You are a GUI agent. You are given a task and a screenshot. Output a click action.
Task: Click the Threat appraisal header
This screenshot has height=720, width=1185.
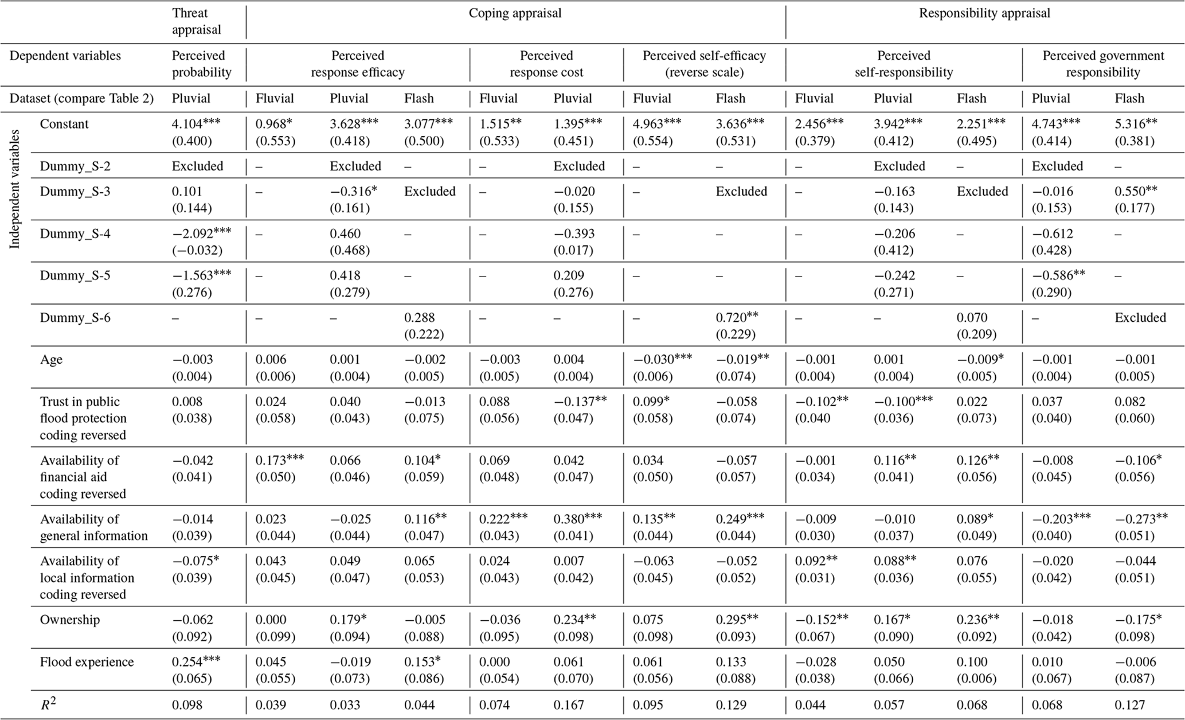tap(197, 21)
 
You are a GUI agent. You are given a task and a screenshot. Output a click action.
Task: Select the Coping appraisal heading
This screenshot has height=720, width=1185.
tap(515, 13)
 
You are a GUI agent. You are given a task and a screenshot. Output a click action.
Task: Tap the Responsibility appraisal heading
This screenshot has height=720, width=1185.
tap(984, 13)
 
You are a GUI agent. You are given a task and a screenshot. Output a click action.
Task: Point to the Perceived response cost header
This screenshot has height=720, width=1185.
tap(546, 64)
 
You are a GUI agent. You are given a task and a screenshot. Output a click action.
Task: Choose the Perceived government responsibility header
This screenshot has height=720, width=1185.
tap(1103, 64)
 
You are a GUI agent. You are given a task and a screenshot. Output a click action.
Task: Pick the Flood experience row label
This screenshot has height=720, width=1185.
tap(87, 661)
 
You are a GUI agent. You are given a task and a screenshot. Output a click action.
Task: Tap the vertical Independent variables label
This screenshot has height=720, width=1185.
tap(15, 189)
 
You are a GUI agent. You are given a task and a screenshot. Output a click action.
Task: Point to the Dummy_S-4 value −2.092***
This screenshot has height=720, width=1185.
tap(201, 233)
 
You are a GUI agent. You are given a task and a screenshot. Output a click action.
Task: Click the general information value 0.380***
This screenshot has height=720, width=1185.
tap(577, 519)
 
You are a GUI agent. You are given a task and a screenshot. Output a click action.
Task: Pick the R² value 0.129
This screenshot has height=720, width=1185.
tap(731, 705)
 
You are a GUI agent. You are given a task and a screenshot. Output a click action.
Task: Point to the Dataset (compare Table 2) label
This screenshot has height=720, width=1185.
tap(81, 98)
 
